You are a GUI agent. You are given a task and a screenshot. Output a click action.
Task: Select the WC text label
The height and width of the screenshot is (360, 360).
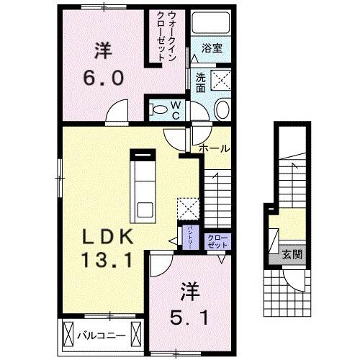pyautogui.click(x=175, y=109)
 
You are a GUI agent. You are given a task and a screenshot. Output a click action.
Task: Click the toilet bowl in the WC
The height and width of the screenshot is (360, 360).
pyautogui.click(x=158, y=110)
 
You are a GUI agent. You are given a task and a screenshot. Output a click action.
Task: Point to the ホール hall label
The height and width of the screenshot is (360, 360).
pyautogui.click(x=215, y=148)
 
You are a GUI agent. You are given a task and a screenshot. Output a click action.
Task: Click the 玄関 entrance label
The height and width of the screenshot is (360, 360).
pyautogui.click(x=292, y=253)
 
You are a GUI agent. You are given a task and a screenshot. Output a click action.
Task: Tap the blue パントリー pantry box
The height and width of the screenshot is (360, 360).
pyautogui.click(x=189, y=236)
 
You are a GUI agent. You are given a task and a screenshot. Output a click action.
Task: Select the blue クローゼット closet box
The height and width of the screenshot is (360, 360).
pyautogui.click(x=217, y=241)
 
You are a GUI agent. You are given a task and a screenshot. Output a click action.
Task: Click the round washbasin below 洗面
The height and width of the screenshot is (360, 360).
pyautogui.click(x=222, y=110)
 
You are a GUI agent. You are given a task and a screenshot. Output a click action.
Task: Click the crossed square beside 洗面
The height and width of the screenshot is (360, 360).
pyautogui.click(x=220, y=80)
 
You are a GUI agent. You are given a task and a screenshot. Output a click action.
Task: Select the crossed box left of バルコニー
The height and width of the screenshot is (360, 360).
pyautogui.click(x=70, y=336)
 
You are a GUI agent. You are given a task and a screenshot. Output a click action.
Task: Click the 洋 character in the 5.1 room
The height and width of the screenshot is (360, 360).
pyautogui.click(x=188, y=294)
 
